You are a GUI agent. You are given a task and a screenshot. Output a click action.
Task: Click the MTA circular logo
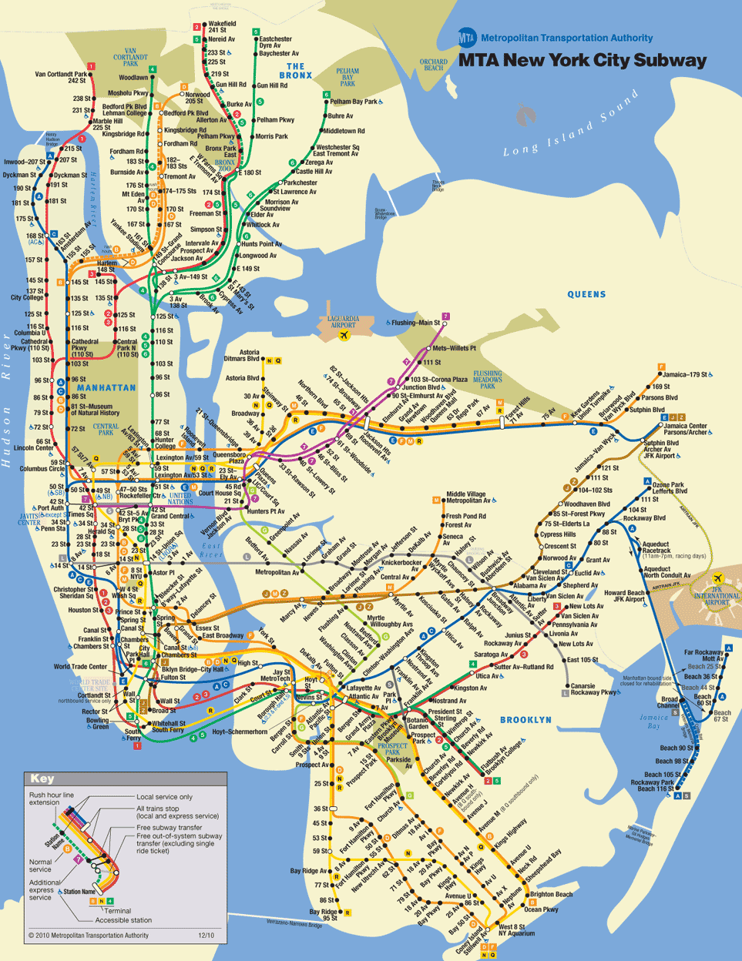point(467,37)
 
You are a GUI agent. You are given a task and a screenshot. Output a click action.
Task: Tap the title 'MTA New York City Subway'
point(583,61)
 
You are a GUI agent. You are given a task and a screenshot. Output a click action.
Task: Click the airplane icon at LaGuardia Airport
point(344,335)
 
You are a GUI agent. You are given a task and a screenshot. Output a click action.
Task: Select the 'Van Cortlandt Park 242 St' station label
point(61,78)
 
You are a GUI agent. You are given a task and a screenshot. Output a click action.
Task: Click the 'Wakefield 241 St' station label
point(222,28)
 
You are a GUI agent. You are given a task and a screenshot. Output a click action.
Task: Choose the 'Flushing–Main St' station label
point(416,323)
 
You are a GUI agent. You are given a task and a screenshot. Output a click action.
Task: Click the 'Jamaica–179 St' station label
point(686,375)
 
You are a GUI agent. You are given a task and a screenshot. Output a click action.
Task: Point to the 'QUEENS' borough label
point(586,294)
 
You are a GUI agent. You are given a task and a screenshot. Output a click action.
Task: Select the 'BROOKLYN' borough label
point(525,720)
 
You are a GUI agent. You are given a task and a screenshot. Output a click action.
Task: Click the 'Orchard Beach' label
point(434,65)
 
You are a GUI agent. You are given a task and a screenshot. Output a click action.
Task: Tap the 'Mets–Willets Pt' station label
point(454,348)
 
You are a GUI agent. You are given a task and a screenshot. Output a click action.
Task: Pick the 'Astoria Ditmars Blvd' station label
point(242,356)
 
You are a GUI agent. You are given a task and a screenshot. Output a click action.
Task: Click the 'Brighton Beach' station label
point(551,894)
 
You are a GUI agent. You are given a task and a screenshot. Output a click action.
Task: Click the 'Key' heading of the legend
point(42,779)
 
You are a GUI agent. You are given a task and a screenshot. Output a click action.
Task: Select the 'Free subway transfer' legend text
point(169,827)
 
